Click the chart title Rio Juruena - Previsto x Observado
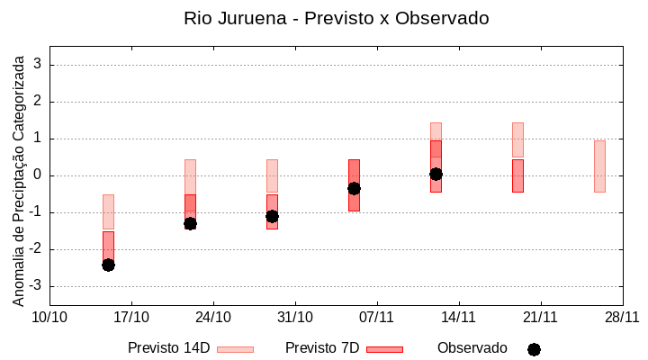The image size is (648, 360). click(x=336, y=18)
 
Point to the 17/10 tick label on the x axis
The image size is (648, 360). click(x=131, y=317)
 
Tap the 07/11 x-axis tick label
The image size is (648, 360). click(x=377, y=317)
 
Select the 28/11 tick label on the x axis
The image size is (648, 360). click(x=622, y=317)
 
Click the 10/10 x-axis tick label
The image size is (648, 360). click(x=49, y=317)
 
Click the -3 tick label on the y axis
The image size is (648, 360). click(x=36, y=286)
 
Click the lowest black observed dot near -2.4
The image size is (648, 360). click(x=108, y=265)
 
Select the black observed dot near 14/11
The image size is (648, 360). click(x=436, y=174)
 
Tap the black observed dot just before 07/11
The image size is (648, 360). click(x=354, y=188)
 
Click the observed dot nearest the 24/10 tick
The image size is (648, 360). click(x=190, y=223)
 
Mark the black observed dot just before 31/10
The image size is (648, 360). click(x=272, y=216)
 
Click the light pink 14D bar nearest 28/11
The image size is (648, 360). click(x=599, y=166)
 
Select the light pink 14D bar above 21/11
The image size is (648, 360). click(x=517, y=139)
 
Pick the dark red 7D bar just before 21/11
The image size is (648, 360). click(x=517, y=175)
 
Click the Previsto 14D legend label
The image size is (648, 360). click(x=168, y=348)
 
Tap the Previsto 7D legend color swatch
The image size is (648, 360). click(x=384, y=349)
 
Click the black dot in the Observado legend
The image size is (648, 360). click(x=534, y=349)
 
